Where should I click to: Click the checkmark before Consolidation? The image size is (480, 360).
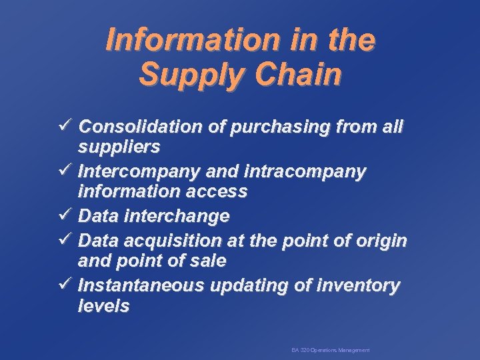[67, 126]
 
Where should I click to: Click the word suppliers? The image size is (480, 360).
[119, 146]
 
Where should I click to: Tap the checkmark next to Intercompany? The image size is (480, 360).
[67, 171]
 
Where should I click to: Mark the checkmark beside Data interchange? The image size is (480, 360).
[67, 216]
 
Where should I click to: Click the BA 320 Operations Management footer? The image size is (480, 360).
[330, 350]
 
